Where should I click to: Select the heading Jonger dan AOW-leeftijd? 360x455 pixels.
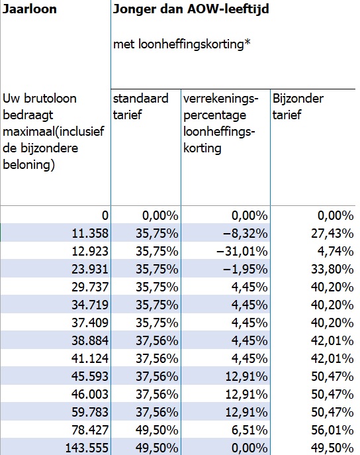pyautogui.click(x=191, y=10)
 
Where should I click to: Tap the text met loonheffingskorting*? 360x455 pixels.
pyautogui.click(x=181, y=45)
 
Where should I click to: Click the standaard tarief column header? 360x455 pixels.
pyautogui.click(x=136, y=107)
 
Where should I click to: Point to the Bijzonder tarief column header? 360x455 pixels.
pyautogui.click(x=298, y=107)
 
